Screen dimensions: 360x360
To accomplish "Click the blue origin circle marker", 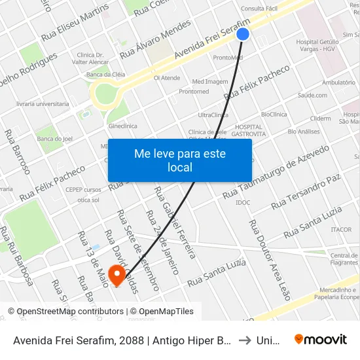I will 243,34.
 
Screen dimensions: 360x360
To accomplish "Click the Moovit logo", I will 320,339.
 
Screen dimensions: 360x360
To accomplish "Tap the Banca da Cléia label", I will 106,75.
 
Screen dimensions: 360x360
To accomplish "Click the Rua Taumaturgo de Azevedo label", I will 276,172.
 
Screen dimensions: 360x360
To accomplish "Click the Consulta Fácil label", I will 260,9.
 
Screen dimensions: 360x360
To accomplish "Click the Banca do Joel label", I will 54,139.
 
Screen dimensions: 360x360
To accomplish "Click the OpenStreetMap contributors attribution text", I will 67,312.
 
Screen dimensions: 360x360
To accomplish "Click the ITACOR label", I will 341,230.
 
